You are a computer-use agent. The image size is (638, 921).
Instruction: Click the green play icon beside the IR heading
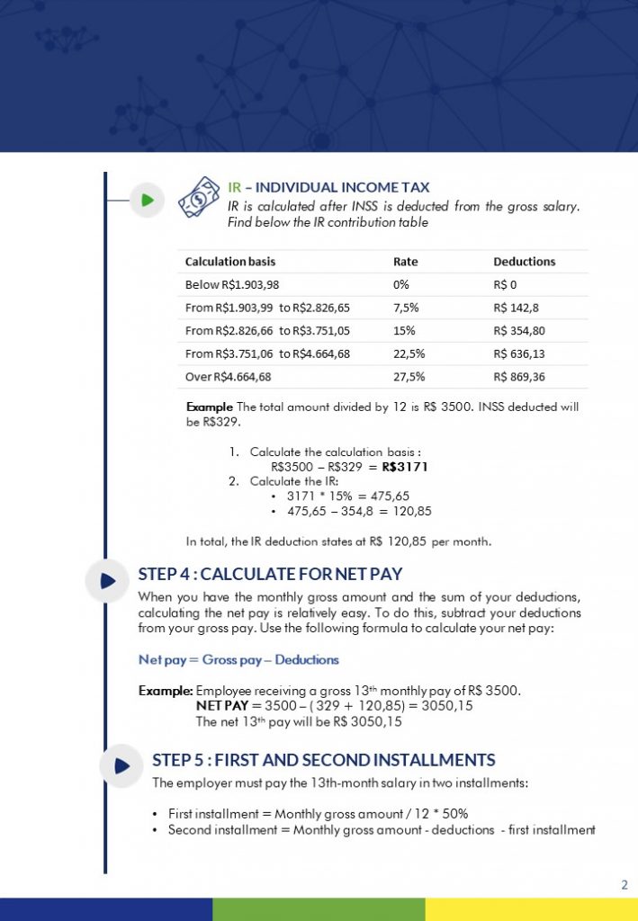[147, 199]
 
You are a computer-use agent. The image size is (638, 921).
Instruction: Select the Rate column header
[406, 262]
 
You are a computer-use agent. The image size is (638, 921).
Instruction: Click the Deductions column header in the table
[524, 262]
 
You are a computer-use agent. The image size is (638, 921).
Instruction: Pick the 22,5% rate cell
[409, 353]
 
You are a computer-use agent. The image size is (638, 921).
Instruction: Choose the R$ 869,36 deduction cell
[519, 377]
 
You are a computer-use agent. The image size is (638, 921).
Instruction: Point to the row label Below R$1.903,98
[232, 285]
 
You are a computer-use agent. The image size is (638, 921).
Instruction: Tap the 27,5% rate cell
[409, 377]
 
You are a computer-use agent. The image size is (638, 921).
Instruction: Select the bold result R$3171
[405, 467]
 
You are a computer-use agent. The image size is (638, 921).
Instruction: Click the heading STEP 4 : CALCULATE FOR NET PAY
[270, 574]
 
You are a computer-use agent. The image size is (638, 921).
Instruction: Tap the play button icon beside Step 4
[108, 581]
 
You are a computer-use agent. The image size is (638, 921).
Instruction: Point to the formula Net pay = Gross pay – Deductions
[238, 659]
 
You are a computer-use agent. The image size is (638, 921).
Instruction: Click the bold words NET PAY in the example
[221, 706]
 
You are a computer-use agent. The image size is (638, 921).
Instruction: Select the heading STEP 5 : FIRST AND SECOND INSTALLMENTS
[323, 760]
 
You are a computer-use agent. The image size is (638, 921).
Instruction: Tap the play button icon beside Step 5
[121, 766]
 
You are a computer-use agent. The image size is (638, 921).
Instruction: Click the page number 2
[624, 885]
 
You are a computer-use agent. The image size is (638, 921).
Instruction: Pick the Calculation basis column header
[230, 262]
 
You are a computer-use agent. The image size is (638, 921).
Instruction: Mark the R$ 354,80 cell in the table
[521, 331]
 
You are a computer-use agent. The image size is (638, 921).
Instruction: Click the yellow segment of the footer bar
[531, 908]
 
